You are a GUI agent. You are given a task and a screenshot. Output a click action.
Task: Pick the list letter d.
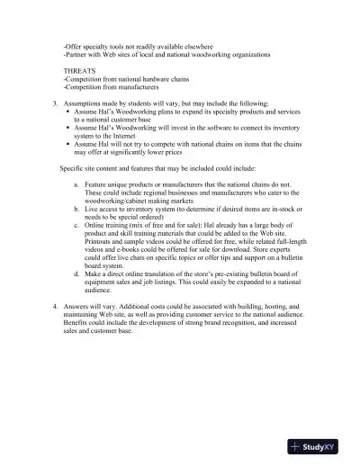pos(76,273)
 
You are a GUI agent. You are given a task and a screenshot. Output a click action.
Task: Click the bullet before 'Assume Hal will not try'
pos(68,144)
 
